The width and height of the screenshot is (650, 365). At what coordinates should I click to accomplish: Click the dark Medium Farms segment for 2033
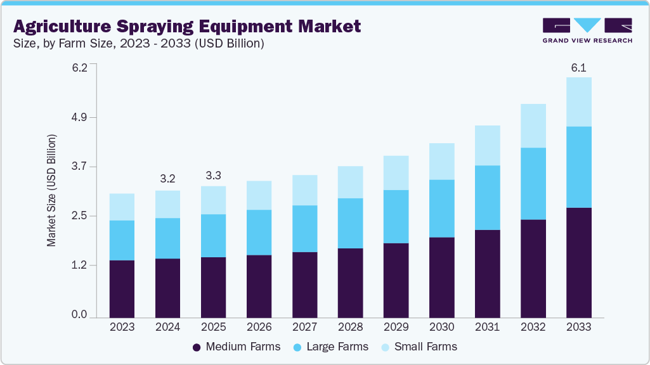coord(578,262)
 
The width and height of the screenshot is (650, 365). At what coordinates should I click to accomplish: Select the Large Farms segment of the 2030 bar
coord(441,208)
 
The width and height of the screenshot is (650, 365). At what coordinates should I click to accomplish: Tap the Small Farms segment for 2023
coord(122,207)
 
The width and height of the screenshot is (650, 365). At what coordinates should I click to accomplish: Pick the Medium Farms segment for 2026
coord(259,286)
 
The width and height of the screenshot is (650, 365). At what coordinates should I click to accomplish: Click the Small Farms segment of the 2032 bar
coord(533,125)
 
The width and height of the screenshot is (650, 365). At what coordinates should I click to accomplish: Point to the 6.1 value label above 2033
coord(578,67)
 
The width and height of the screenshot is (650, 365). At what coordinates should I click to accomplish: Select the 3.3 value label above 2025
coord(213,176)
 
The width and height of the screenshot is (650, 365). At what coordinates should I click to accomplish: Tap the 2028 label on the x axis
coord(350,328)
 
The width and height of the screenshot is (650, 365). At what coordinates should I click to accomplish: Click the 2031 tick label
coord(487,328)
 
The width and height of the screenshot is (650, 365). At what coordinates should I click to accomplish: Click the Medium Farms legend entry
coord(236,347)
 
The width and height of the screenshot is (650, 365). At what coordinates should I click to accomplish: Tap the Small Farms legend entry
coord(418,347)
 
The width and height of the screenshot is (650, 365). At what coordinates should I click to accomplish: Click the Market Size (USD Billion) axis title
coord(51,191)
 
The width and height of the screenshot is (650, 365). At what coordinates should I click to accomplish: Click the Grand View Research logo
coord(587,30)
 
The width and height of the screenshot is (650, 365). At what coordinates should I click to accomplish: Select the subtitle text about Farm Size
coord(139,44)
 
